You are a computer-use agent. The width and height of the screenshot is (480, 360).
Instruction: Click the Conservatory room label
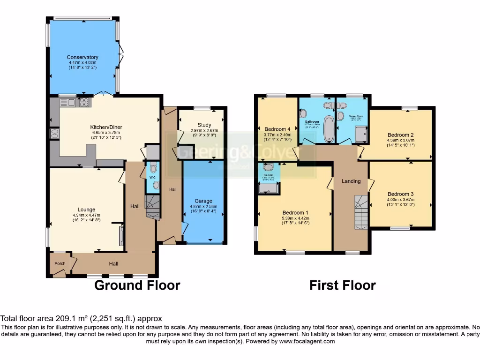pyautogui.click(x=82, y=57)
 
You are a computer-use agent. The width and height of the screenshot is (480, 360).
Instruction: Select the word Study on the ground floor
pyautogui.click(x=204, y=125)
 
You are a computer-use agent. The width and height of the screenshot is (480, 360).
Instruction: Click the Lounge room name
pyautogui.click(x=87, y=210)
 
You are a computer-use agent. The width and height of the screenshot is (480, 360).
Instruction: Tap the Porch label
pyautogui.click(x=60, y=263)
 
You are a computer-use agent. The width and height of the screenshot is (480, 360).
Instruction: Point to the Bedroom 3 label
pyautogui.click(x=400, y=194)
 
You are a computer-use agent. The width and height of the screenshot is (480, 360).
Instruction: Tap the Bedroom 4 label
pyautogui.click(x=277, y=129)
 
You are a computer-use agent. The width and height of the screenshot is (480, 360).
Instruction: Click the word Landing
pyautogui.click(x=351, y=181)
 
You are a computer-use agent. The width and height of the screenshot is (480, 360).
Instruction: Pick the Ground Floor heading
pyautogui.click(x=137, y=285)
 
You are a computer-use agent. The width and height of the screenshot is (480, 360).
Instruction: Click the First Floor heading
pyautogui.click(x=342, y=285)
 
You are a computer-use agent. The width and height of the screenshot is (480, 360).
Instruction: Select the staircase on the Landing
pyautogui.click(x=360, y=212)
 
